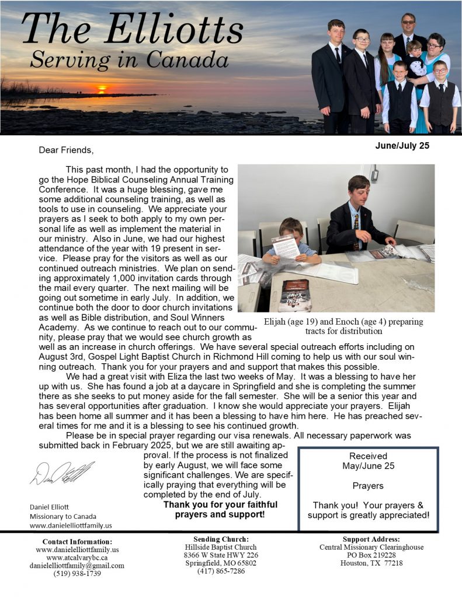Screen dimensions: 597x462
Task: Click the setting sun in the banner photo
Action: pos(102,89)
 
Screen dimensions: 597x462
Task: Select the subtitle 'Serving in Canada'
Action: pos(130,58)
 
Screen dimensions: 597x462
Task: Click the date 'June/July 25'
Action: pos(402,145)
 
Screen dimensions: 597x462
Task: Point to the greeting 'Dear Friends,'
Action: pos(66,150)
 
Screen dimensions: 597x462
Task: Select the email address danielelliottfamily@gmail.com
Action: pos(77,566)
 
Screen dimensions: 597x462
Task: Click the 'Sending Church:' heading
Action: pos(220,539)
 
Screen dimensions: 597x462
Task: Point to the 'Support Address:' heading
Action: pos(371,539)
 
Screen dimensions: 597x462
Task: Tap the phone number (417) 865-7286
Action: pos(221,571)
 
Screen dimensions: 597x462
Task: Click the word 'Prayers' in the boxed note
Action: pos(368,486)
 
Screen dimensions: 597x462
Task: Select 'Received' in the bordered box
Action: pos(368,456)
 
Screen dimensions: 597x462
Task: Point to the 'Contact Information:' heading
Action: pos(77,541)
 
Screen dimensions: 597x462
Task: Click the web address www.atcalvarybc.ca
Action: pos(77,557)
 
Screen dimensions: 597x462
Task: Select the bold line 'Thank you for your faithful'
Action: pos(220,504)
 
